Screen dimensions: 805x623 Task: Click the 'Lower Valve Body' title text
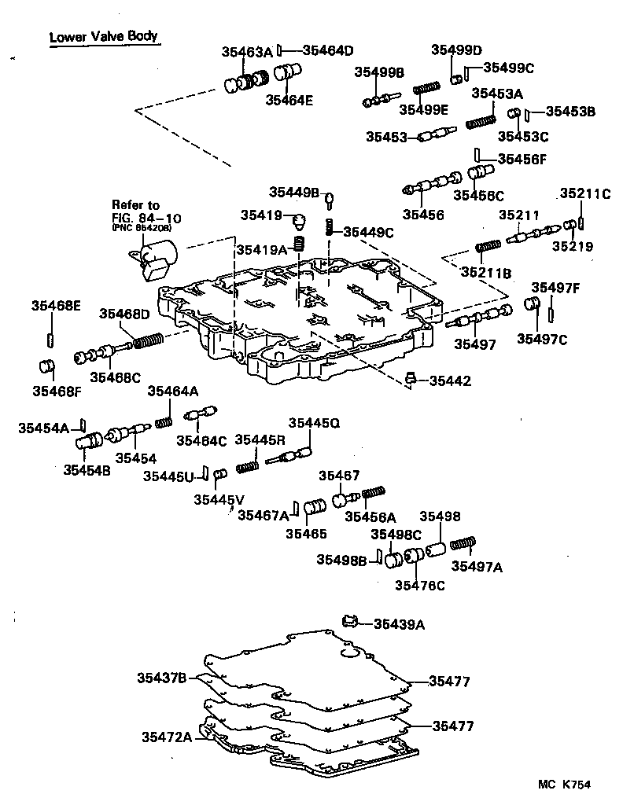(x=103, y=36)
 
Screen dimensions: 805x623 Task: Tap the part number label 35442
(x=450, y=381)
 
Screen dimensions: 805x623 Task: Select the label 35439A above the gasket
(x=398, y=624)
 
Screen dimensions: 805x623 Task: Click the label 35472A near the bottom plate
(x=167, y=737)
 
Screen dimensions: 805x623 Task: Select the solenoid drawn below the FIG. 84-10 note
(x=155, y=261)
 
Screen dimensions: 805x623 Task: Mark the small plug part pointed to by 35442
(x=410, y=380)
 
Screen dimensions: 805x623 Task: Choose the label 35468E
(x=56, y=305)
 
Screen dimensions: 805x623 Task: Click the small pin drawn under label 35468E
(x=50, y=339)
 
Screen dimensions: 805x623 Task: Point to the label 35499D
(x=456, y=50)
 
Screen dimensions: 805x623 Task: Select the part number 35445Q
(x=313, y=423)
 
